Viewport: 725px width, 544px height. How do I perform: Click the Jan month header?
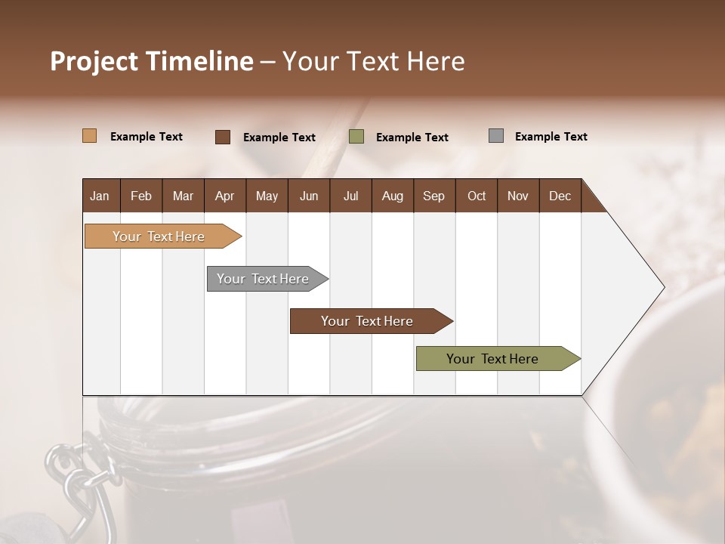100,196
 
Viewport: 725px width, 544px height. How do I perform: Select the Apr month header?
224,196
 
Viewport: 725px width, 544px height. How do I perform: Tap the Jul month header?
350,196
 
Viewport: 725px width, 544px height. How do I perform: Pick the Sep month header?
433,196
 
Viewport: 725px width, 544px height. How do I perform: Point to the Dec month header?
560,196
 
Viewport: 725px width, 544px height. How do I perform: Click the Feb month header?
141,196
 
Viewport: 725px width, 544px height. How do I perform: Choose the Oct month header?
477,196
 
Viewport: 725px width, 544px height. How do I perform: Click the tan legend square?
89,136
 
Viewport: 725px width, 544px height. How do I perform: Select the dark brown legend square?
223,137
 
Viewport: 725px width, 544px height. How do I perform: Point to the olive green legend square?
356,137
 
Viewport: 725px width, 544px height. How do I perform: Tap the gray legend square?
496,136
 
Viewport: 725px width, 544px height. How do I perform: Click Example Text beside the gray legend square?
551,137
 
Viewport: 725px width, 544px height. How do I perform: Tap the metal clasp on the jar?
76,476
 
